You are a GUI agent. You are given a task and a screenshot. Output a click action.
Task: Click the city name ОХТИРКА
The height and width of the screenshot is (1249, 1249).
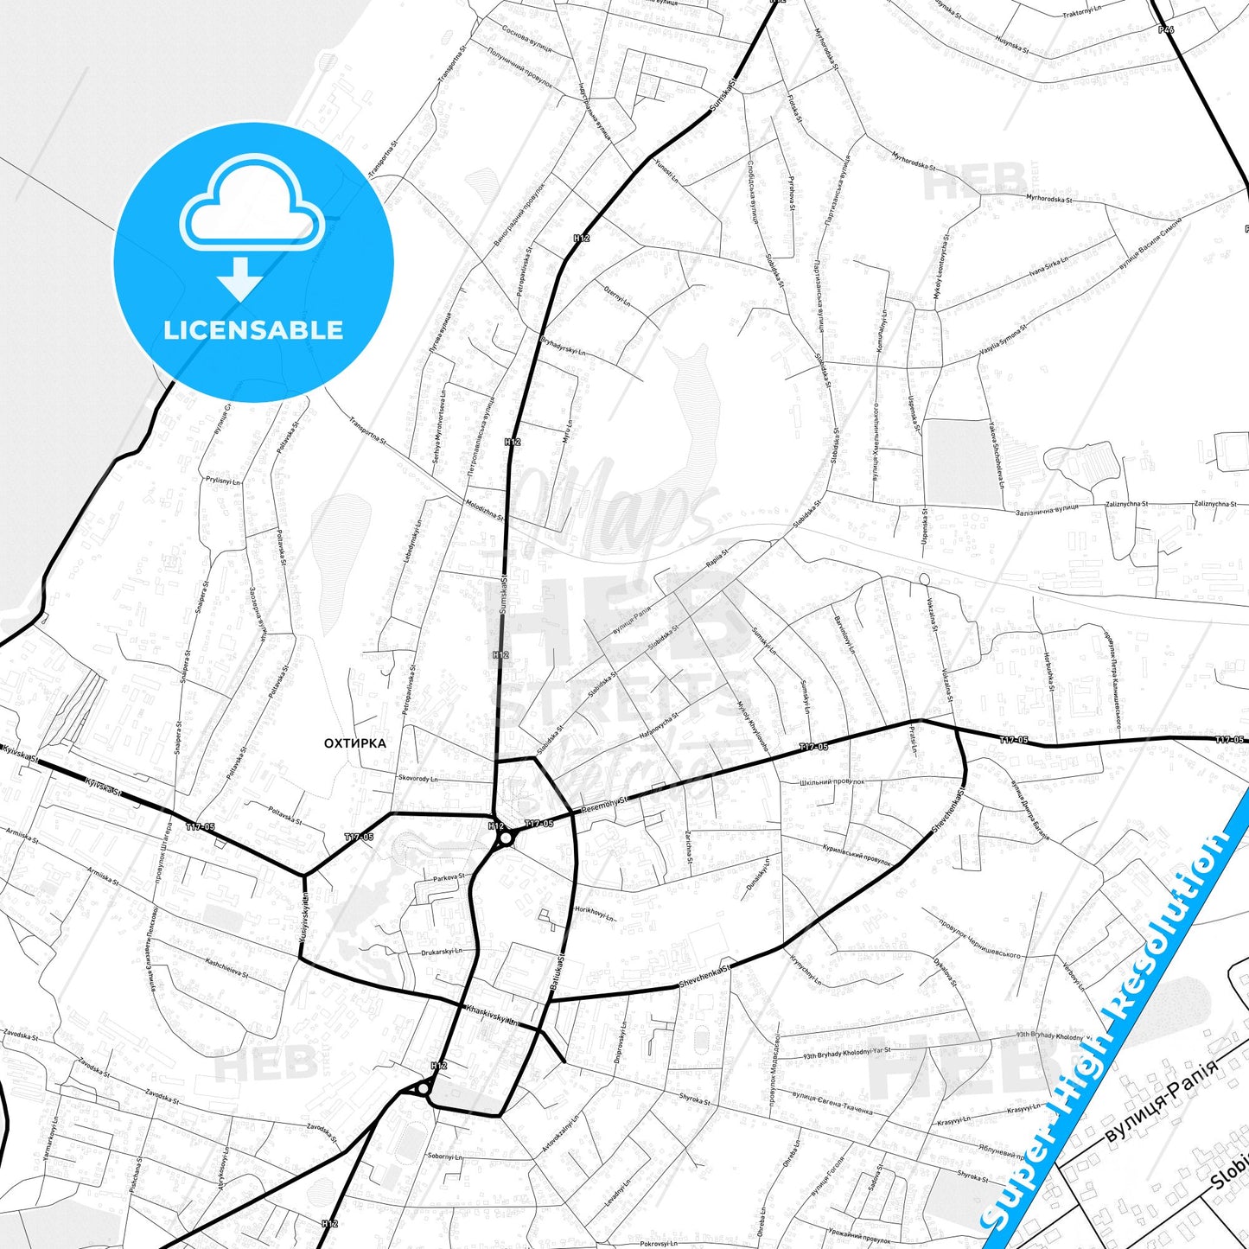tap(355, 743)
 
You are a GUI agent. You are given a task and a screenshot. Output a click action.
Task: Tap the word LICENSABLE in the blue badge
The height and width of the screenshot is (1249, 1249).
tap(253, 330)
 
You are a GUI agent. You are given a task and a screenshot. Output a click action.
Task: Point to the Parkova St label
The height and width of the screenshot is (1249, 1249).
tap(449, 877)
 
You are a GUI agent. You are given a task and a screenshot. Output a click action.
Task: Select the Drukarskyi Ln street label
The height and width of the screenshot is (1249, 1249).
tap(442, 952)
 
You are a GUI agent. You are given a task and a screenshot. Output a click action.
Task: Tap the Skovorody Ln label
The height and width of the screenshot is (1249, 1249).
tap(418, 779)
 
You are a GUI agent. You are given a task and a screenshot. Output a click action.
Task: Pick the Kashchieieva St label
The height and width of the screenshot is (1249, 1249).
tap(226, 968)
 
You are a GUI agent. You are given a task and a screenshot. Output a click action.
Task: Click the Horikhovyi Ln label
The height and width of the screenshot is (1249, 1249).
tap(595, 914)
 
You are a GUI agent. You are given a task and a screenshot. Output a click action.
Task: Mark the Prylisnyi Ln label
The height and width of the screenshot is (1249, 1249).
tap(223, 481)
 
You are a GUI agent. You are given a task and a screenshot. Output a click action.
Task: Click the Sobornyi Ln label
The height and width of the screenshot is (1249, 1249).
tap(445, 1157)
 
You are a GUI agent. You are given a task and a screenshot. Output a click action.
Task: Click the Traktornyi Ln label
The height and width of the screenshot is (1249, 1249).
tap(1081, 13)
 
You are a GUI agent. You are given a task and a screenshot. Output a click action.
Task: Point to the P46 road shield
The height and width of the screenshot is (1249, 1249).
tap(1166, 29)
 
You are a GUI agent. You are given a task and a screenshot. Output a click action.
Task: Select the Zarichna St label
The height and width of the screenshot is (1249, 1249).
tap(690, 847)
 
